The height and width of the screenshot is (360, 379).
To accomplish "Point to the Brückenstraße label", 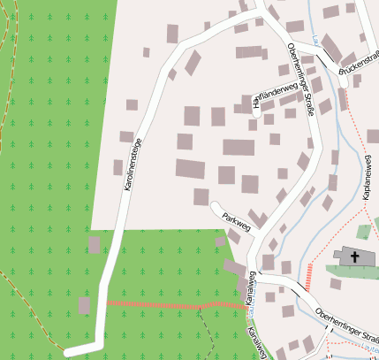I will click(358, 59).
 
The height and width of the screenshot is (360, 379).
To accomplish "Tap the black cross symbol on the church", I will click(355, 257).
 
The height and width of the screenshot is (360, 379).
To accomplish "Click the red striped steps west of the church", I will click(308, 276).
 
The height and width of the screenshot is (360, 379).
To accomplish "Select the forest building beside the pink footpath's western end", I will click(85, 305).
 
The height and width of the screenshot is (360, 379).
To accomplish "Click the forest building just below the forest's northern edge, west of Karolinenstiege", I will click(94, 245).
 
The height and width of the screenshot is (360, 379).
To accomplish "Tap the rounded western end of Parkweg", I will click(215, 206).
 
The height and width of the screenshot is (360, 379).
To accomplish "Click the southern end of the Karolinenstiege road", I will click(69, 352).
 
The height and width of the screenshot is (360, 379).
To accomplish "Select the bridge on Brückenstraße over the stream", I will click(342, 71).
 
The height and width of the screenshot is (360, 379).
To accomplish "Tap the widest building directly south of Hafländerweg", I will click(238, 148).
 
